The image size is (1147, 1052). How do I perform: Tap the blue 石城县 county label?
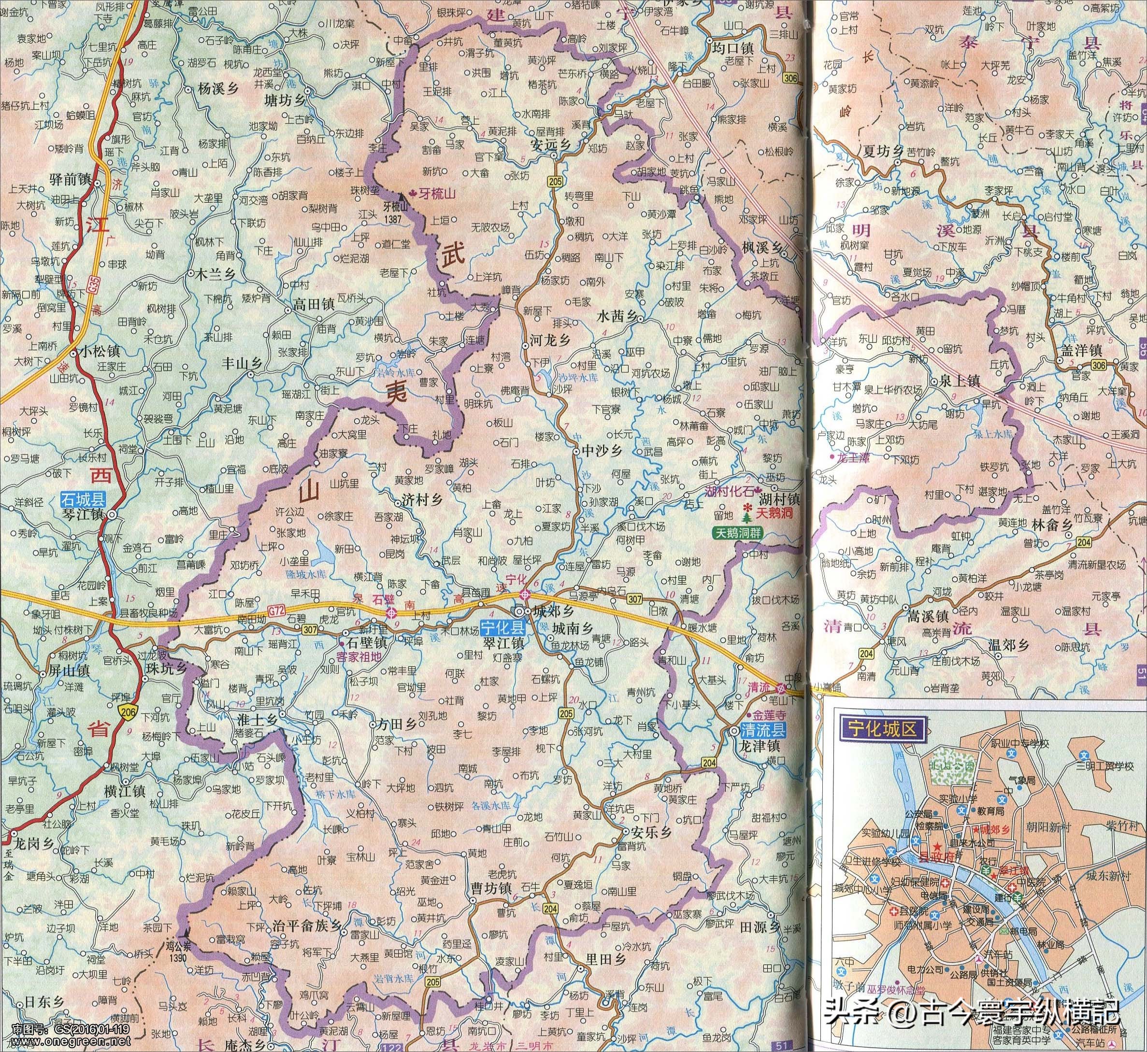click(x=83, y=500)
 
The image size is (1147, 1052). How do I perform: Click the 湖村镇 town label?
click(x=780, y=499)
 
